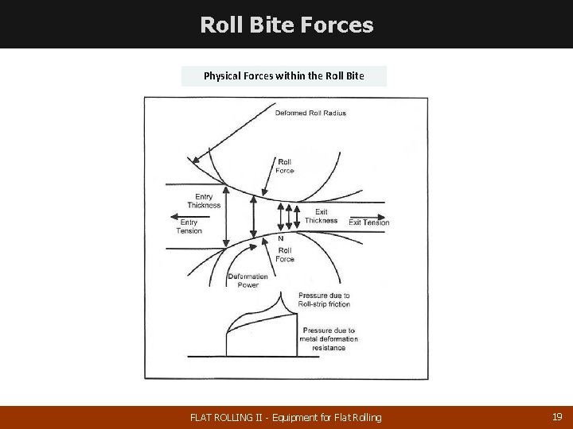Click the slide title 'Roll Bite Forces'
click(x=286, y=25)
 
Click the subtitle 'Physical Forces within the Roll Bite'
click(x=284, y=76)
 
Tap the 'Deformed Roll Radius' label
click(x=310, y=113)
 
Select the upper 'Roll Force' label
click(x=285, y=165)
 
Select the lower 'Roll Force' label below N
click(x=285, y=254)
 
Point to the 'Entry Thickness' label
click(x=204, y=201)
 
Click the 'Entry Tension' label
click(x=189, y=226)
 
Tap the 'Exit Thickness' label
click(x=321, y=216)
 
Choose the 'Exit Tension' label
click(x=369, y=222)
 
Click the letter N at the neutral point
click(x=280, y=238)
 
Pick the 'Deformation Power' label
click(x=243, y=280)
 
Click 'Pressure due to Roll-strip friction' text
click(x=324, y=300)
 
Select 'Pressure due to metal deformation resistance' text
click(x=328, y=339)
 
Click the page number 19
click(x=556, y=416)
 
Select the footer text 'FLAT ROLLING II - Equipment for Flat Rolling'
click(x=286, y=417)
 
